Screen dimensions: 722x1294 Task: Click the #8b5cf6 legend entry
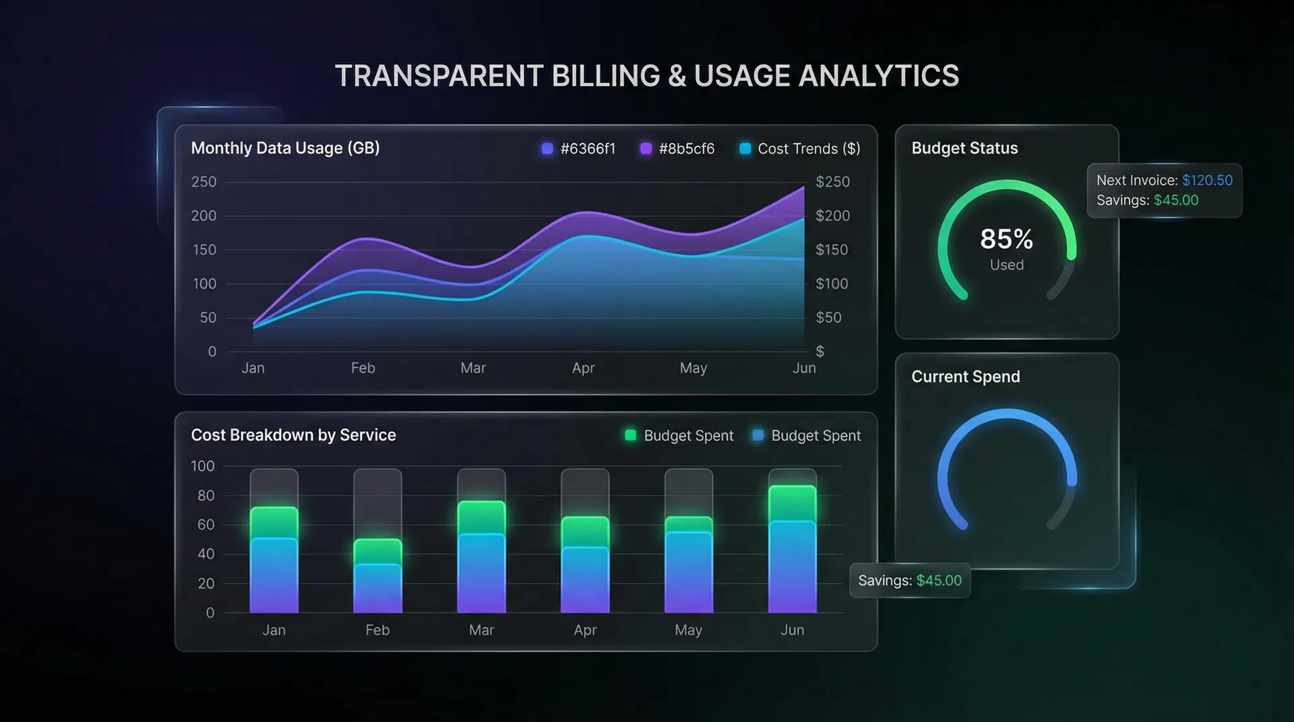click(x=677, y=149)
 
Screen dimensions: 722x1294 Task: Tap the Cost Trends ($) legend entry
click(x=799, y=149)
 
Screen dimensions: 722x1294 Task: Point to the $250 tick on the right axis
click(x=832, y=182)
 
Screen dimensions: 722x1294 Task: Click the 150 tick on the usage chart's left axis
click(x=204, y=250)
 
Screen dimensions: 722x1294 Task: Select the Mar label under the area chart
click(x=472, y=368)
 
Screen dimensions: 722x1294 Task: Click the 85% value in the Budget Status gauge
click(x=1006, y=239)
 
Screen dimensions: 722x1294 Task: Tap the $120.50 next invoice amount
click(x=1207, y=180)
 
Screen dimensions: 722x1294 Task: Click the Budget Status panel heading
click(x=964, y=148)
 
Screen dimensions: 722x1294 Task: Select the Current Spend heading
click(x=965, y=376)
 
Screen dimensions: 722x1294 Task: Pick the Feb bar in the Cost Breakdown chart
click(x=377, y=576)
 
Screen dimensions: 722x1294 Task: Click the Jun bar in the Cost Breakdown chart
click(x=792, y=549)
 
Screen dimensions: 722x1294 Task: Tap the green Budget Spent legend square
click(x=630, y=435)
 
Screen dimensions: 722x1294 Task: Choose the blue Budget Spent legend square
click(x=758, y=435)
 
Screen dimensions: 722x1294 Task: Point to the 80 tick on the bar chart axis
click(x=206, y=496)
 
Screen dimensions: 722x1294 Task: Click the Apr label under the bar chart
click(x=585, y=630)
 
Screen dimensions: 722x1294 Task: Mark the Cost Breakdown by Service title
click(x=293, y=435)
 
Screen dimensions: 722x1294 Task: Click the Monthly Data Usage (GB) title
click(x=285, y=148)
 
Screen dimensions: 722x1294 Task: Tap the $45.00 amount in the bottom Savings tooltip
click(x=939, y=581)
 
